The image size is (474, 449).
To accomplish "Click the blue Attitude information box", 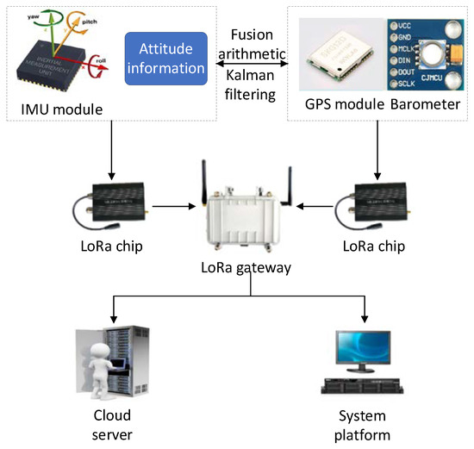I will click(166, 58).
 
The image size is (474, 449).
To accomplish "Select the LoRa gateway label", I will click(246, 267).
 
